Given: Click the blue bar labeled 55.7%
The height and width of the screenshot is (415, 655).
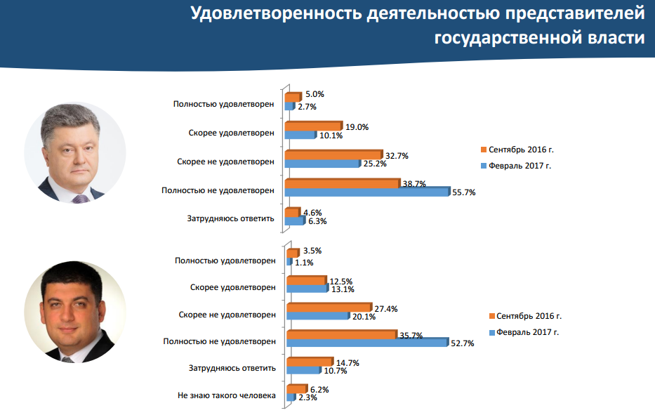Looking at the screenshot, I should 366,192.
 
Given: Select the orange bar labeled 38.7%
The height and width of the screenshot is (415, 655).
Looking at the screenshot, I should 342,183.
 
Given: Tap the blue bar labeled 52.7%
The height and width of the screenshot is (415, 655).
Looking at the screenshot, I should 366,343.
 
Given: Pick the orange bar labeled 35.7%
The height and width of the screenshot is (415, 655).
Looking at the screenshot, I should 341,334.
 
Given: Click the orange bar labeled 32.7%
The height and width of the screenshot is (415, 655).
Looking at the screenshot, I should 333,155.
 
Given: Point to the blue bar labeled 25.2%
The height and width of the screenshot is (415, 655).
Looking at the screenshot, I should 322,164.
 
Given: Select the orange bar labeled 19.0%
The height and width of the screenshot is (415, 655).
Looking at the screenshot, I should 312,126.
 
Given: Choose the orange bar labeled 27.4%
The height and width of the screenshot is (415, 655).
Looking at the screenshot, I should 328,307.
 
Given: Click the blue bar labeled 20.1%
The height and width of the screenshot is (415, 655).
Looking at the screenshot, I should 318,315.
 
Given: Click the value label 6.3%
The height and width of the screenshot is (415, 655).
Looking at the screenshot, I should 317,221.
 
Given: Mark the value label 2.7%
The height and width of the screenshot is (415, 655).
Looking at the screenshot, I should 307,107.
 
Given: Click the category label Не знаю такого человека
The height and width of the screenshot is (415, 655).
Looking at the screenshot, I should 227,396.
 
